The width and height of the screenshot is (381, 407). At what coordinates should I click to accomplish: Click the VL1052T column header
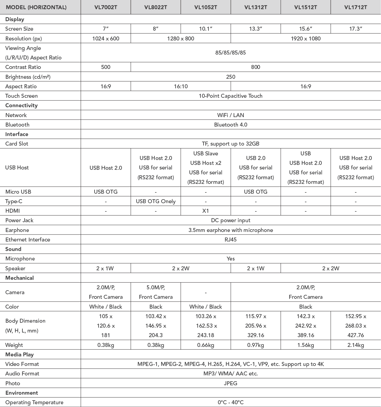[206, 7]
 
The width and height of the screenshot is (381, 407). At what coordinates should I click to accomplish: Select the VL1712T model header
[356, 7]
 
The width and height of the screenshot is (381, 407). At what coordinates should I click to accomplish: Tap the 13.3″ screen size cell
[255, 29]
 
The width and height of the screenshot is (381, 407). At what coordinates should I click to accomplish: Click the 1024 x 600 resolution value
[106, 38]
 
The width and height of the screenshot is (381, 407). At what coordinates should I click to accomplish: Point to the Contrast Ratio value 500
[106, 67]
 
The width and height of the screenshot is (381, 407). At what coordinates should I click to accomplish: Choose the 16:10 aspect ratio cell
[181, 86]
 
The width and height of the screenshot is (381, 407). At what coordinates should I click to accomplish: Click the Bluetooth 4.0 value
[231, 125]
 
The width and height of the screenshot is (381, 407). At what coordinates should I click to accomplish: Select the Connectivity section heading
[21, 105]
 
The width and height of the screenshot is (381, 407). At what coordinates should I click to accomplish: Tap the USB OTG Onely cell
[156, 201]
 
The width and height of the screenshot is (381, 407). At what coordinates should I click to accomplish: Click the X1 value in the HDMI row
[206, 211]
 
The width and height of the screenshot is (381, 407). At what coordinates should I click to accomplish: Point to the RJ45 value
[231, 240]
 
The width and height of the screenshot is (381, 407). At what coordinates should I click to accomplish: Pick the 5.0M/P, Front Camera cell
[156, 292]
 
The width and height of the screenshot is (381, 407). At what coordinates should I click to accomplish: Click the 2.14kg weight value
[356, 345]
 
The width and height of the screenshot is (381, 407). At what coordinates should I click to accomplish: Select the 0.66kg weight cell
[206, 345]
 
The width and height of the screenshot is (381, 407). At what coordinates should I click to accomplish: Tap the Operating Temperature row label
[34, 402]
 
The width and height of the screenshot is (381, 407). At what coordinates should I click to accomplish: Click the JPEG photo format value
[231, 383]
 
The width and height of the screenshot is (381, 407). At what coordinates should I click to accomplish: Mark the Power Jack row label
[19, 220]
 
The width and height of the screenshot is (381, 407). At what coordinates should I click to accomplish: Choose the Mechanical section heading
[20, 278]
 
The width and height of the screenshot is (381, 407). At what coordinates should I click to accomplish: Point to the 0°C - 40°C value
[231, 402]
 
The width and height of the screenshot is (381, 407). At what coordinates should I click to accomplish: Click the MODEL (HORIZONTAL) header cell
[36, 7]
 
